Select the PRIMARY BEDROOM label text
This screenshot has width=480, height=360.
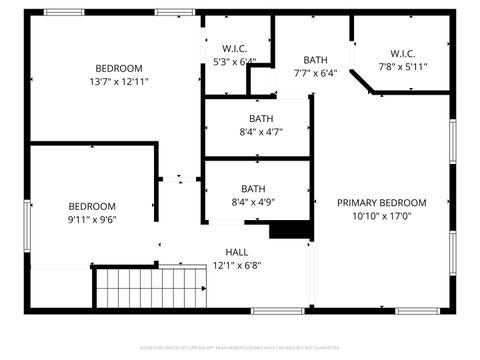click(381, 202)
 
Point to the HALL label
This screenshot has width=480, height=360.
click(237, 252)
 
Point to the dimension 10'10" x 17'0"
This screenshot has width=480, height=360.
click(381, 216)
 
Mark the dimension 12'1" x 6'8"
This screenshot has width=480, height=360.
click(237, 266)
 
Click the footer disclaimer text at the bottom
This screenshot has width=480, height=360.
click(240, 347)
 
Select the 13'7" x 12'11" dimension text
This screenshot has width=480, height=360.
click(119, 82)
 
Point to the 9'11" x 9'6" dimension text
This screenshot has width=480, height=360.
click(92, 220)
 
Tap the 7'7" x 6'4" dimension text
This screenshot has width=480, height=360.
click(316, 73)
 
